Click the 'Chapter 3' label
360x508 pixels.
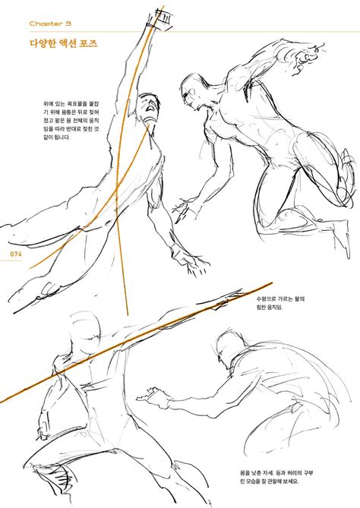[x=50, y=24]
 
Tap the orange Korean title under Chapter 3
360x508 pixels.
[x=64, y=43]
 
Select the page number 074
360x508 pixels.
[x=16, y=254]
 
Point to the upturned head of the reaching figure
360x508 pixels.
[x=149, y=108]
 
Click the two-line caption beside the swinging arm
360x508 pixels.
[x=280, y=303]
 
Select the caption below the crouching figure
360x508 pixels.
[x=276, y=477]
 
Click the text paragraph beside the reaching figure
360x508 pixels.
[x=71, y=121]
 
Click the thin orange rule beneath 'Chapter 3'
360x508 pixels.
[x=194, y=32]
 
